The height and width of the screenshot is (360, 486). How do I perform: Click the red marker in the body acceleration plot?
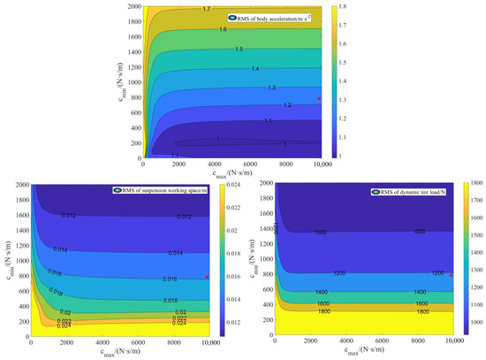click(x=319, y=98)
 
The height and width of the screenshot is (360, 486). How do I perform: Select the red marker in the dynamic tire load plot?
click(x=451, y=275)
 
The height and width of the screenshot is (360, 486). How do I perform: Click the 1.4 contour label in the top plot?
click(x=255, y=68)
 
